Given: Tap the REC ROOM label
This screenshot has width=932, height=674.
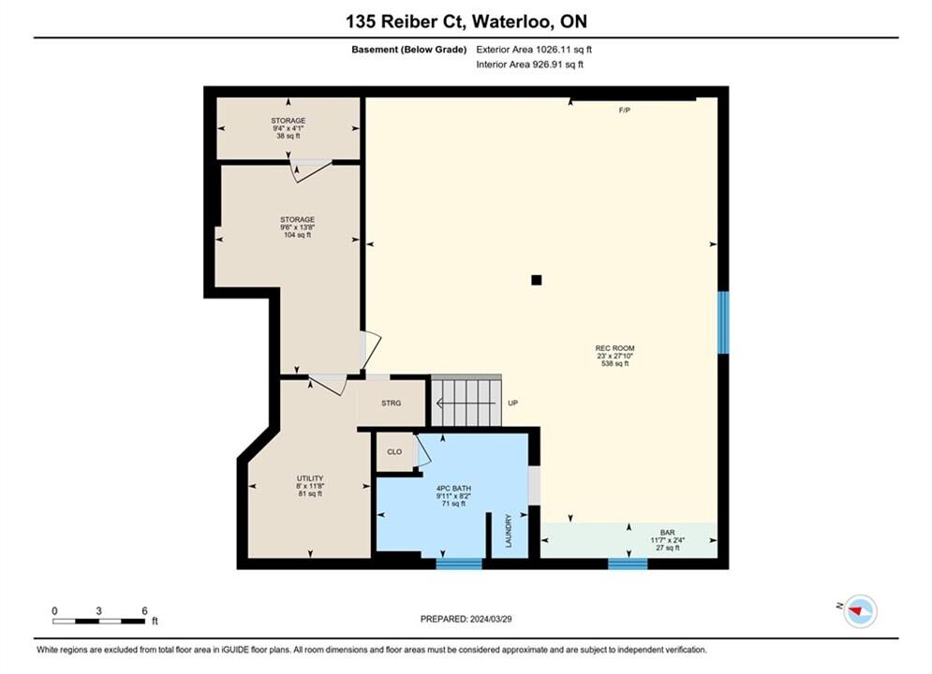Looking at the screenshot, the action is pos(614,348).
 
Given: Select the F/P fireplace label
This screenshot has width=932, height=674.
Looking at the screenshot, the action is pos(624,110).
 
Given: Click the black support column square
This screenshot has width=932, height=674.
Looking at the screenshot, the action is pos(536,280).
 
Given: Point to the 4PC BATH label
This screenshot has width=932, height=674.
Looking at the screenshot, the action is pos(453,488).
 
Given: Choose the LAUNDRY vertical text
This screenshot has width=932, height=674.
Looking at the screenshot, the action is pos(509,530).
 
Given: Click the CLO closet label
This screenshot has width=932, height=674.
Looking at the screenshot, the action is pos(394,452).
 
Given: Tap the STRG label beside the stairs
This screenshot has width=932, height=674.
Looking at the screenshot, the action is pos(392,403).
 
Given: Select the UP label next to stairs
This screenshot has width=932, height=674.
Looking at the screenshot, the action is pos(513,403).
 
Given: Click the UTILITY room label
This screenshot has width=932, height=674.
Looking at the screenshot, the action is pos(310,478).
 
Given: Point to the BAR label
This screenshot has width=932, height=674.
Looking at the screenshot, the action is pos(668,533).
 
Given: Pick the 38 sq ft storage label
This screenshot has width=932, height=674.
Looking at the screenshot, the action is pos(288,136).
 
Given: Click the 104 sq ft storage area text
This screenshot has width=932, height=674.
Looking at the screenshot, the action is pos(297,235).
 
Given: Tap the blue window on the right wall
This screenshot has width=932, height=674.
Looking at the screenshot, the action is pos(723,322).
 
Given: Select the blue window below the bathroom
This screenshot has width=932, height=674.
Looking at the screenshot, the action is pos(459,564).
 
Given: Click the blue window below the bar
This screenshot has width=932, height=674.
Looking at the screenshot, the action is pos(628,564).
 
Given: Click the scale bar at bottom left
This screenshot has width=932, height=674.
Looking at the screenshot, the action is pos(98,622).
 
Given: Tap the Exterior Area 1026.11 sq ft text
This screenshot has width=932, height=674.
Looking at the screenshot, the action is pos(534,50).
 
